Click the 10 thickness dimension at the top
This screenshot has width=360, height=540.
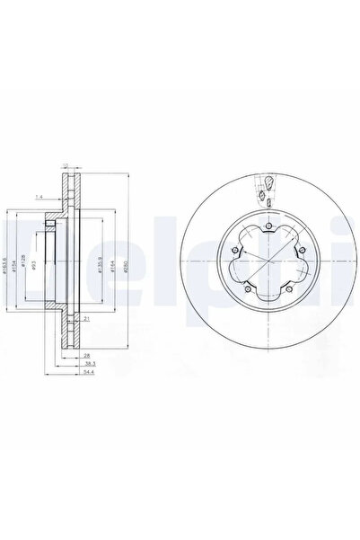coord(66,164)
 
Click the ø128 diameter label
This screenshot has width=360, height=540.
coord(27,267)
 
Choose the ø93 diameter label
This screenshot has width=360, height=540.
coord(36,267)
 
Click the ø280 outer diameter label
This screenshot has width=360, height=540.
coord(121,267)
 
